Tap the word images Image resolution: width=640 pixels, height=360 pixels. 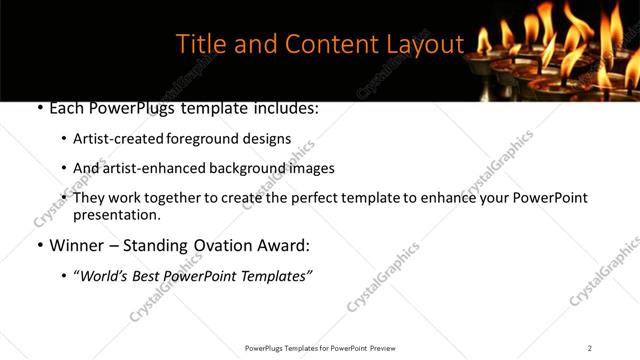click(308, 168)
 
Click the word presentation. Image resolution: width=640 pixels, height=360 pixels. click(116, 214)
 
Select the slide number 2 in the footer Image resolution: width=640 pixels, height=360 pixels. click(590, 348)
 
